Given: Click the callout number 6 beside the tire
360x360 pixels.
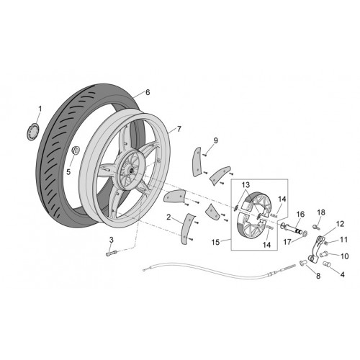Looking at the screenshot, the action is click(148, 92).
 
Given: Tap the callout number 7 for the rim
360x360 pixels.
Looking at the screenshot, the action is click(179, 129).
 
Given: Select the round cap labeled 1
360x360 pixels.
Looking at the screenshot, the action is click(32, 131).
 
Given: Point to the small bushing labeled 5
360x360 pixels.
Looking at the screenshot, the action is click(76, 150).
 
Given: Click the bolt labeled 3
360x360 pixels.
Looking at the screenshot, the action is click(112, 253).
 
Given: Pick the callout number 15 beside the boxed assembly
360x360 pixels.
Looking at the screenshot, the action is click(215, 242).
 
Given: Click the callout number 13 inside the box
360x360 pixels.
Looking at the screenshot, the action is click(246, 185).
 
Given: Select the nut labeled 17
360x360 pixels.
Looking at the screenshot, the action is click(305, 233).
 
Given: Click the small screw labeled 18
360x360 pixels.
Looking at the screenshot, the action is click(317, 226).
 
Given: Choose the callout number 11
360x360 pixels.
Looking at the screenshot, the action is click(343, 240).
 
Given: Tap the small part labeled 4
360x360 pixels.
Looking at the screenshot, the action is click(328, 265).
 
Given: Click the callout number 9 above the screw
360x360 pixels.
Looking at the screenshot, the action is click(215, 140).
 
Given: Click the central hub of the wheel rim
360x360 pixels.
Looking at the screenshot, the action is click(131, 169).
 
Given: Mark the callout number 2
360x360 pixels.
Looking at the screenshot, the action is click(168, 217).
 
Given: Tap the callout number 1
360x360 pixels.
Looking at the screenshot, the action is click(40, 109).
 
